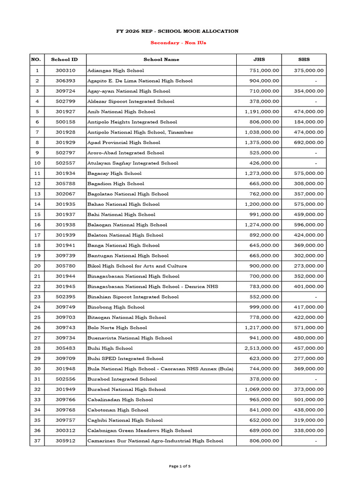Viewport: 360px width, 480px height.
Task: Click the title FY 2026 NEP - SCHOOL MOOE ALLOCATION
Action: pyautogui.click(x=178, y=31)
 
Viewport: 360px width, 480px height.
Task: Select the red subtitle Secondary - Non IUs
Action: pyautogui.click(x=178, y=43)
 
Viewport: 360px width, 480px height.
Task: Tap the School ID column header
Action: pyautogui.click(x=65, y=60)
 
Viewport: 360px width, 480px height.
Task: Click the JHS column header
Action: pyautogui.click(x=259, y=60)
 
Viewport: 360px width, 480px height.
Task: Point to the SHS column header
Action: pyautogui.click(x=304, y=60)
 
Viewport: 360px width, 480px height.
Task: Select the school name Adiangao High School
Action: pyautogui.click(x=115, y=70)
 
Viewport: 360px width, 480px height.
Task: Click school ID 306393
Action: pyautogui.click(x=65, y=81)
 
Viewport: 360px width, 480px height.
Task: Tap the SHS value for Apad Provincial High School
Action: pyautogui.click(x=308, y=142)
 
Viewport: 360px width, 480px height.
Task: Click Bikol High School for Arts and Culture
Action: pyautogui.click(x=137, y=266)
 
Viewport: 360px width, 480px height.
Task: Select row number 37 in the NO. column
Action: pyautogui.click(x=37, y=441)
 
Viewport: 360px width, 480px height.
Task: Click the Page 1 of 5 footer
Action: pyautogui.click(x=180, y=466)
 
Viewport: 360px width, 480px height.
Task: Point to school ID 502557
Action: pyautogui.click(x=65, y=163)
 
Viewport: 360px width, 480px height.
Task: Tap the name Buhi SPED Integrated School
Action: pyautogui.click(x=125, y=359)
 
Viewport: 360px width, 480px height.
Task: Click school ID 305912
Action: pyautogui.click(x=65, y=441)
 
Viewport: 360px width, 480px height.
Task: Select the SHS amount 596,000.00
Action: pyautogui.click(x=308, y=225)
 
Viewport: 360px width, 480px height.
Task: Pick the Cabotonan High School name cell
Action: pyautogui.click(x=118, y=410)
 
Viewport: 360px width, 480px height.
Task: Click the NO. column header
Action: pyautogui.click(x=36, y=60)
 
